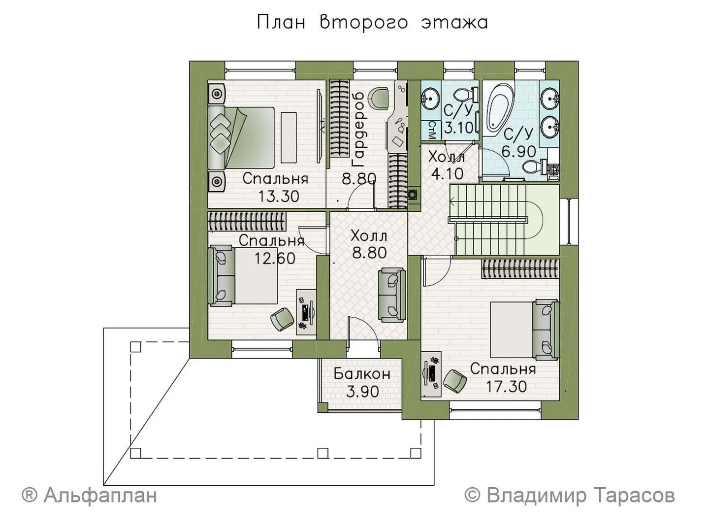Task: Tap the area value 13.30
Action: (279, 196)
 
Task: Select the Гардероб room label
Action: (359, 130)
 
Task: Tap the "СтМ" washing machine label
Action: (432, 130)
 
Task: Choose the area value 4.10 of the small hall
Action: (447, 174)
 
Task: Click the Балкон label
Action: (362, 374)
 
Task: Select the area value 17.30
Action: (506, 387)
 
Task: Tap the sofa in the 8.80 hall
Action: (392, 295)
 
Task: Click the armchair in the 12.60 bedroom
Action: (282, 319)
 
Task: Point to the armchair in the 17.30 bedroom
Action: (455, 381)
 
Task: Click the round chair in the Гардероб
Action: (378, 98)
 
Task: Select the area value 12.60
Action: (275, 258)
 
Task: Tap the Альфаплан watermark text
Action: (89, 495)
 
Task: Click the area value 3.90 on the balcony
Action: (362, 392)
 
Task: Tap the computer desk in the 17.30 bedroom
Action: (431, 374)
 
